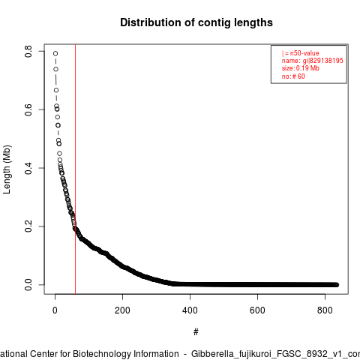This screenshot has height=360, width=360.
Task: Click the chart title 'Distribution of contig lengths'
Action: [196, 22]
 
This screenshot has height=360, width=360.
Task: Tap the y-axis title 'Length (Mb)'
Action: [7, 169]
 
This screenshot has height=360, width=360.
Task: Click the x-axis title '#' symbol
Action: [196, 332]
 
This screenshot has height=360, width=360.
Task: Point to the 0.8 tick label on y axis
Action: [28, 51]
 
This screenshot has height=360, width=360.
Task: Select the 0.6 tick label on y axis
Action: [28, 109]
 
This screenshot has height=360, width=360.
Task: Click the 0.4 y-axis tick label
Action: [28, 168]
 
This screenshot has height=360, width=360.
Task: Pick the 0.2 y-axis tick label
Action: [28, 226]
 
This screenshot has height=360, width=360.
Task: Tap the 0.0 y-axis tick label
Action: [28, 285]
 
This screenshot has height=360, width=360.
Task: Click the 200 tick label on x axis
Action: [122, 310]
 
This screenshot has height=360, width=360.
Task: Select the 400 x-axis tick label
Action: [190, 310]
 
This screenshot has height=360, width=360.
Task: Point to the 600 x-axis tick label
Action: [257, 310]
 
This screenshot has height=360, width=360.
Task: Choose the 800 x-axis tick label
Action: [325, 310]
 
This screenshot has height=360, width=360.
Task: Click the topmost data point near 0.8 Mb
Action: [55, 53]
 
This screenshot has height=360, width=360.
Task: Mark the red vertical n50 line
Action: [75, 169]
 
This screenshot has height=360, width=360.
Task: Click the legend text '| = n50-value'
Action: [301, 53]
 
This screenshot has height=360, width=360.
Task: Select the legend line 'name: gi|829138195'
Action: [313, 61]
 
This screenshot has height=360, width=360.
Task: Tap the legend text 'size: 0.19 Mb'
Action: [301, 68]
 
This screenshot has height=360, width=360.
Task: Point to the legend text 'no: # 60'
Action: [293, 76]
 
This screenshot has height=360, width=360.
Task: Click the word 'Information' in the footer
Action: [157, 354]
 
